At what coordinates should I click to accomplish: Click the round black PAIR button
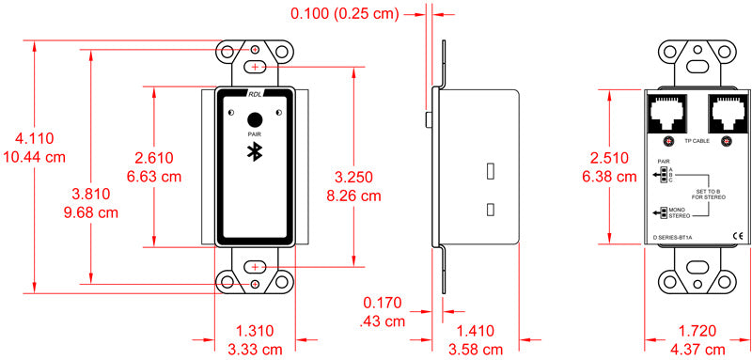[x=255, y=119]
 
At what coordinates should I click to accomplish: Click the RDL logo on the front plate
[x=256, y=95]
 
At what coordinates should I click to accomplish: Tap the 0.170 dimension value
[x=384, y=304]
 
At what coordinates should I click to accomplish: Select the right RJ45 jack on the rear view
[x=725, y=114]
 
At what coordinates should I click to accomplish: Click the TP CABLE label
[x=697, y=140]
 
